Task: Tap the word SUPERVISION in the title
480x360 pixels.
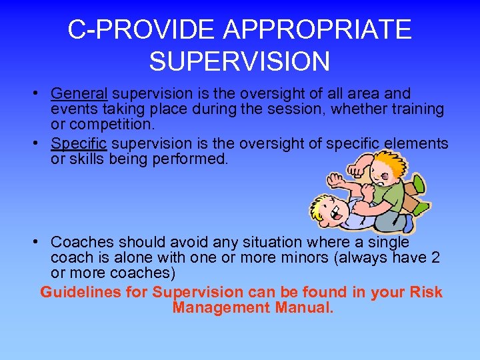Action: [x=239, y=61]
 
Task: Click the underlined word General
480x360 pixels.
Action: [x=79, y=93]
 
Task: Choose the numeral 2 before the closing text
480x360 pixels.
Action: [x=434, y=257]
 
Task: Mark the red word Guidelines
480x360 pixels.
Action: [x=94, y=292]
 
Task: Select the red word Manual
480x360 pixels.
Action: [x=304, y=307]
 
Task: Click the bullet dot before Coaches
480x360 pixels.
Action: [x=41, y=241]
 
